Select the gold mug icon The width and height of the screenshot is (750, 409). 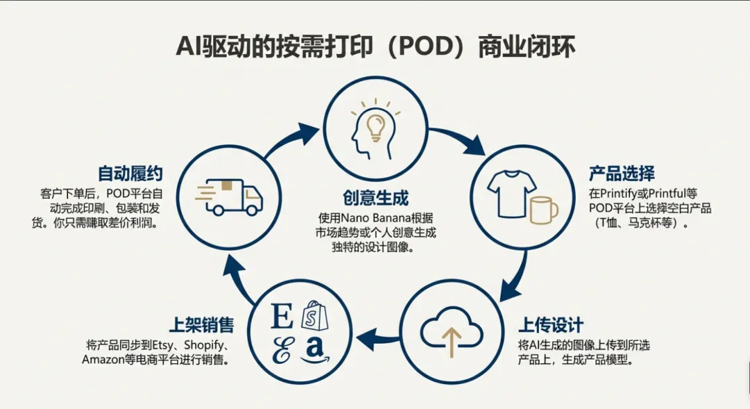(x=543, y=210)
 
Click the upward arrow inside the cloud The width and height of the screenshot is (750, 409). (x=451, y=341)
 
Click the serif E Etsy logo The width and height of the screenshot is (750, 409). (x=282, y=317)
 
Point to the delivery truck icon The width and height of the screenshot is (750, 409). (x=230, y=195)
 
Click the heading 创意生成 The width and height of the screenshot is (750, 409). (x=376, y=198)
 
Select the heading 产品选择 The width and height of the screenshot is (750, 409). (x=622, y=173)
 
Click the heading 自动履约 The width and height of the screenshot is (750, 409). (x=131, y=173)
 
